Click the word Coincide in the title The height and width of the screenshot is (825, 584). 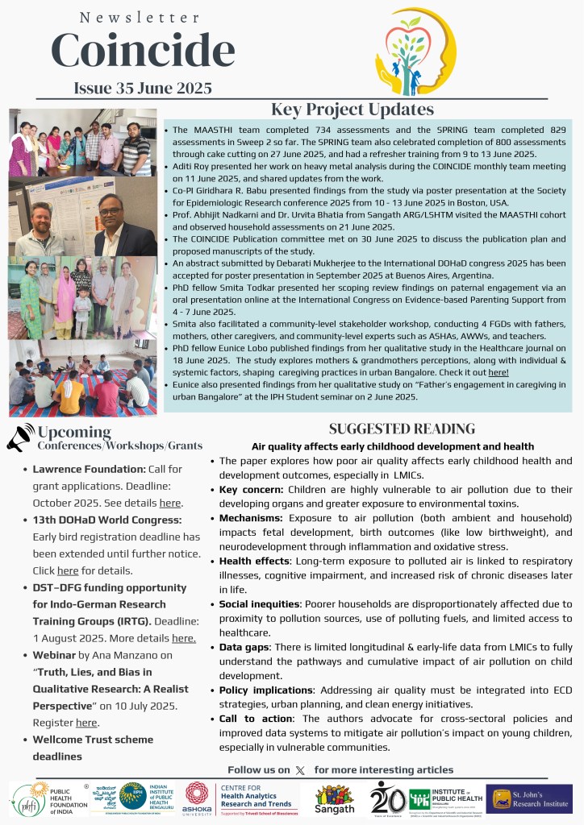pyautogui.click(x=143, y=51)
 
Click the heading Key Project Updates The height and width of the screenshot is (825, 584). pyautogui.click(x=352, y=110)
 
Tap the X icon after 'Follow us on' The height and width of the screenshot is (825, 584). pyautogui.click(x=301, y=770)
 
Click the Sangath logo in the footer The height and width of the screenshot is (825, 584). pyautogui.click(x=333, y=798)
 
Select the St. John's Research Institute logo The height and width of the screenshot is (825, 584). pyautogui.click(x=529, y=799)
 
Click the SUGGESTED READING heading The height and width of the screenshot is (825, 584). pyautogui.click(x=402, y=429)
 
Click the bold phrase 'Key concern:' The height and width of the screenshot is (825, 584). pyautogui.click(x=248, y=490)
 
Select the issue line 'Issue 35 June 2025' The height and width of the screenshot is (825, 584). pyautogui.click(x=143, y=88)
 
